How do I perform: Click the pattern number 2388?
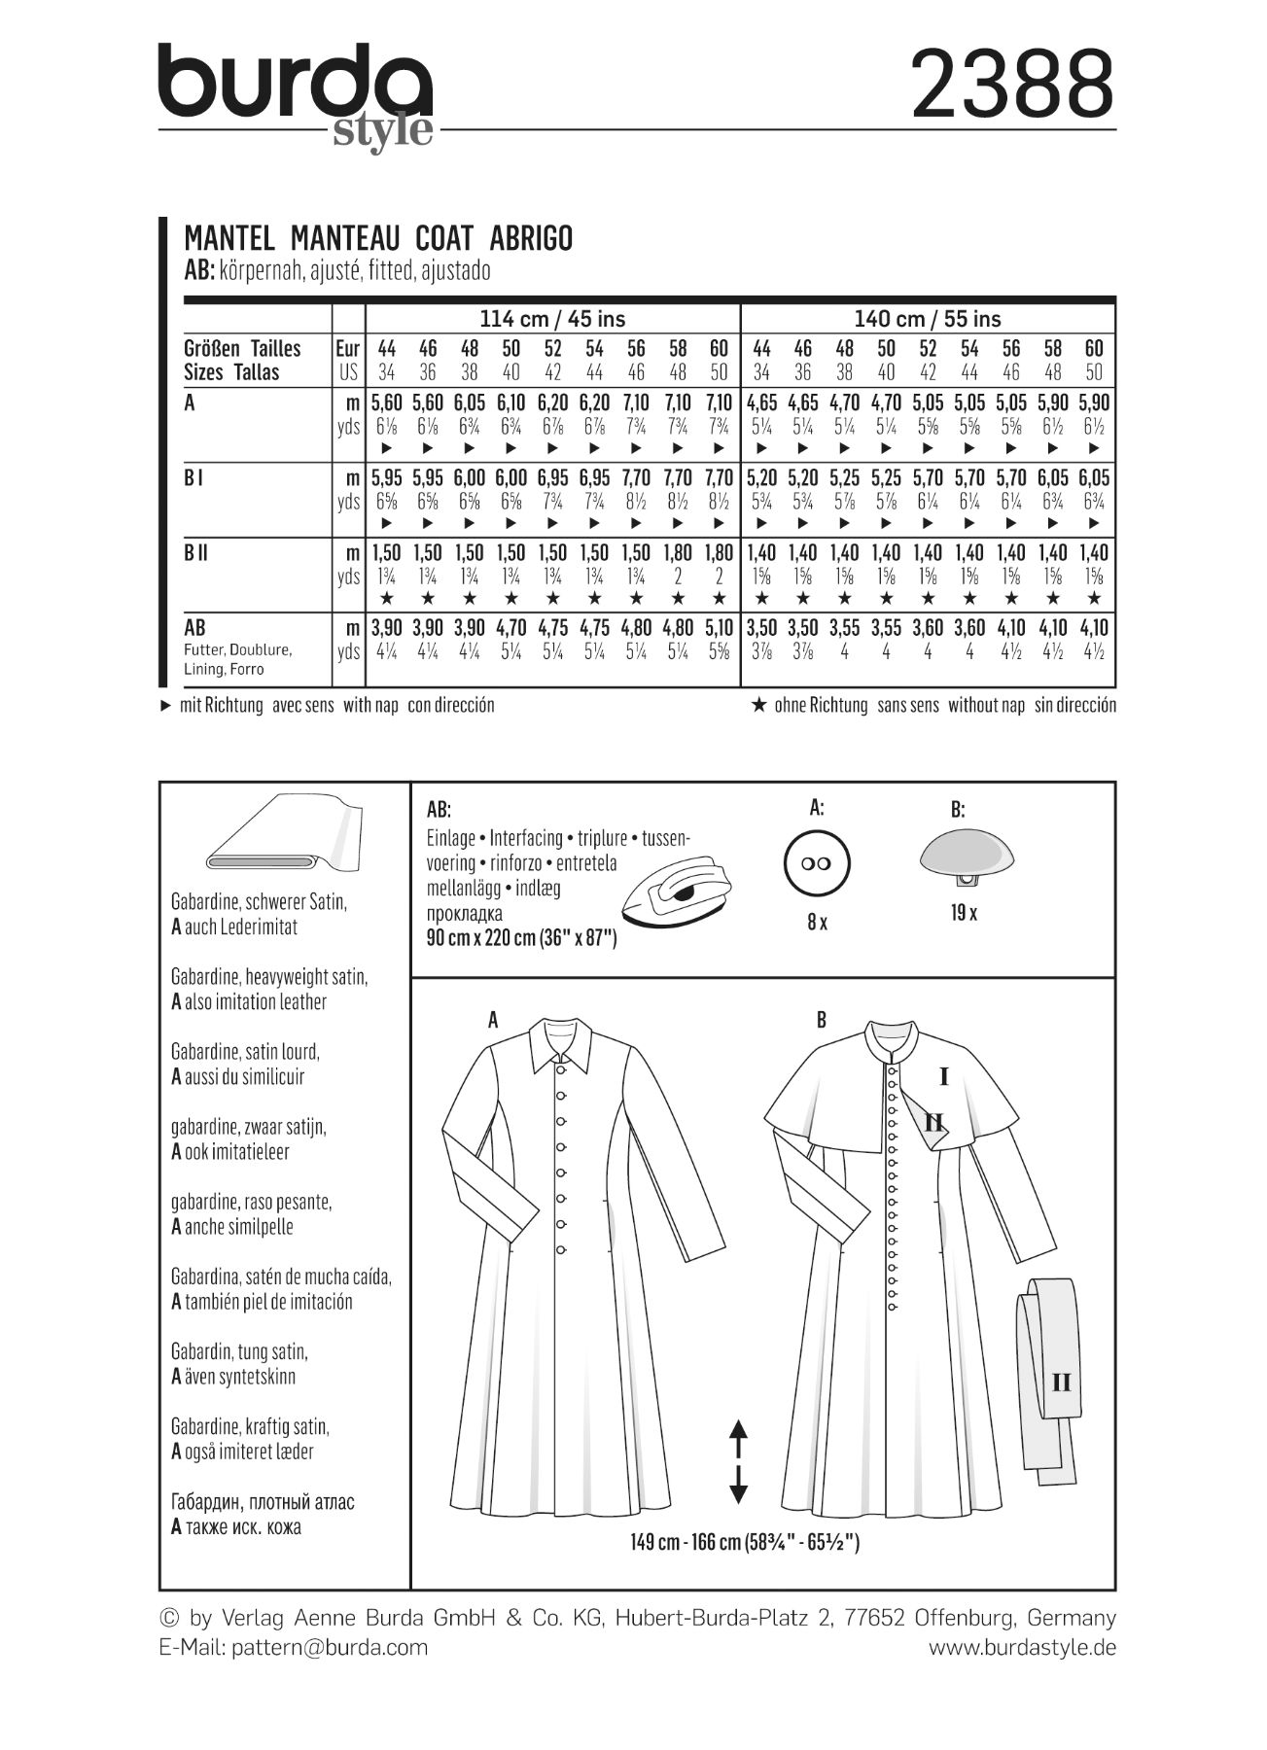(1011, 85)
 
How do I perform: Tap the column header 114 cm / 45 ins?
(552, 319)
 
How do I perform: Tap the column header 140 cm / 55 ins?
(928, 319)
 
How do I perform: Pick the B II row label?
(196, 553)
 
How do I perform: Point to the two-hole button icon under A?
(817, 864)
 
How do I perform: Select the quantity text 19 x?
(965, 913)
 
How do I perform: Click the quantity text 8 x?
(817, 922)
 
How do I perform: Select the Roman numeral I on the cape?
(943, 1076)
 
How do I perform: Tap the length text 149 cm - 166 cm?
(744, 1543)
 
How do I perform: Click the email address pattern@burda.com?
(330, 1647)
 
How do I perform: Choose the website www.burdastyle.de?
(1022, 1647)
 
